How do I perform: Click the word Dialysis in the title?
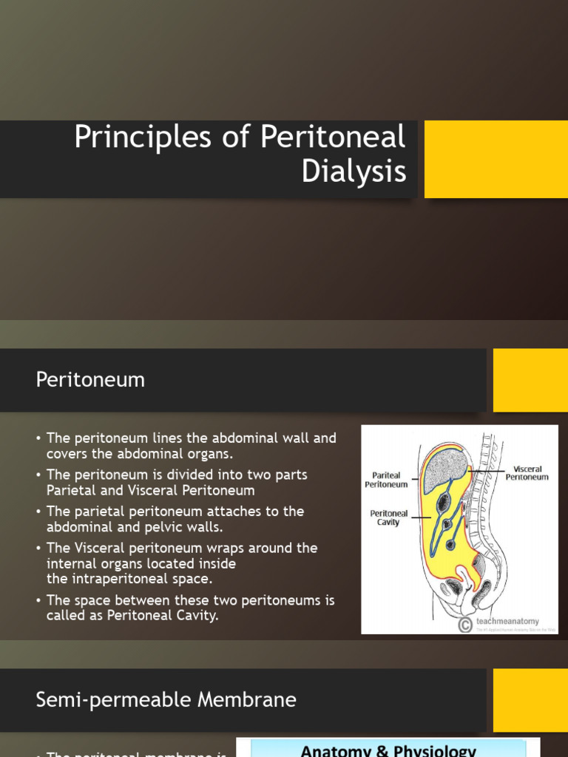(354, 172)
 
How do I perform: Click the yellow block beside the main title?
(496, 159)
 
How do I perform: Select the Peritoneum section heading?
(90, 380)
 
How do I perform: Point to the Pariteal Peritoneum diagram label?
(386, 480)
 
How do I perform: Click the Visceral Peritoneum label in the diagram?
(527, 473)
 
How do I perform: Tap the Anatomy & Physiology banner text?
(388, 750)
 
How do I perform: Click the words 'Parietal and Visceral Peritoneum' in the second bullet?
(150, 490)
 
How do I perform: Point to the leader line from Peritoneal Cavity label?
(422, 517)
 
